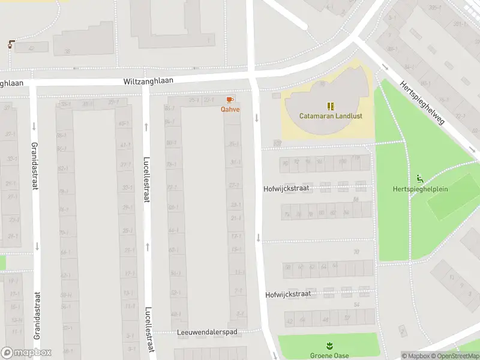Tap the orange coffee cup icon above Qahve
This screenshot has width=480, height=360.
point(230,100)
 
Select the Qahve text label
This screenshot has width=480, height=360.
point(230,109)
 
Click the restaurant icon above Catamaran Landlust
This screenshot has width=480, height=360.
point(331,106)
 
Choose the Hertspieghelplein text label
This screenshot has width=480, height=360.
point(421,189)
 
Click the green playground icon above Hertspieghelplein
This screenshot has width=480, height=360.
point(420,179)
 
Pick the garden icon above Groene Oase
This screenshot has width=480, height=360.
point(328,346)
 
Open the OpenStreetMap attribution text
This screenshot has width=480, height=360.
point(455,356)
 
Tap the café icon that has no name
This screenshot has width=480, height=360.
point(11,44)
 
